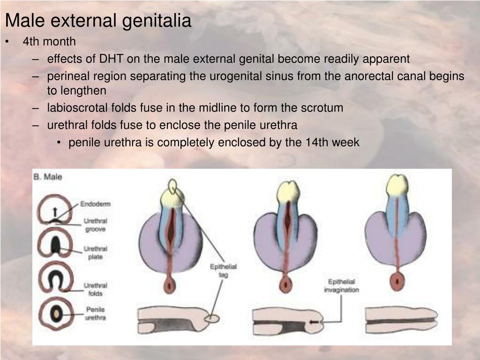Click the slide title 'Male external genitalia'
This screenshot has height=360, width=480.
coord(98,21)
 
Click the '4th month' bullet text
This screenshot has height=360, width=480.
coord(49,42)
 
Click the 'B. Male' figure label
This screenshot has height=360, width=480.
coord(48,178)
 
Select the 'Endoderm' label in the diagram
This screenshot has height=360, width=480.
coord(95,204)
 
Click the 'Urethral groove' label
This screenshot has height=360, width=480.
coord(95,225)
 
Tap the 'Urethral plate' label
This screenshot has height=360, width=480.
coord(95,253)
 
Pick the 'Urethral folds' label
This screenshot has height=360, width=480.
coord(95,289)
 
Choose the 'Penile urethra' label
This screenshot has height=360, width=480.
coord(95,314)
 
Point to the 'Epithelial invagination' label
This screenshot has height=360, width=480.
coord(341,286)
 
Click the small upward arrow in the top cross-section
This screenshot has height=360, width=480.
coord(55,211)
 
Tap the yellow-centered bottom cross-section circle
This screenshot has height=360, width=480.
coord(56,314)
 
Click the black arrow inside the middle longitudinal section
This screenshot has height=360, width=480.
coord(313,322)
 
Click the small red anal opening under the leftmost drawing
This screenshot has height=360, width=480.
coord(169,285)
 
